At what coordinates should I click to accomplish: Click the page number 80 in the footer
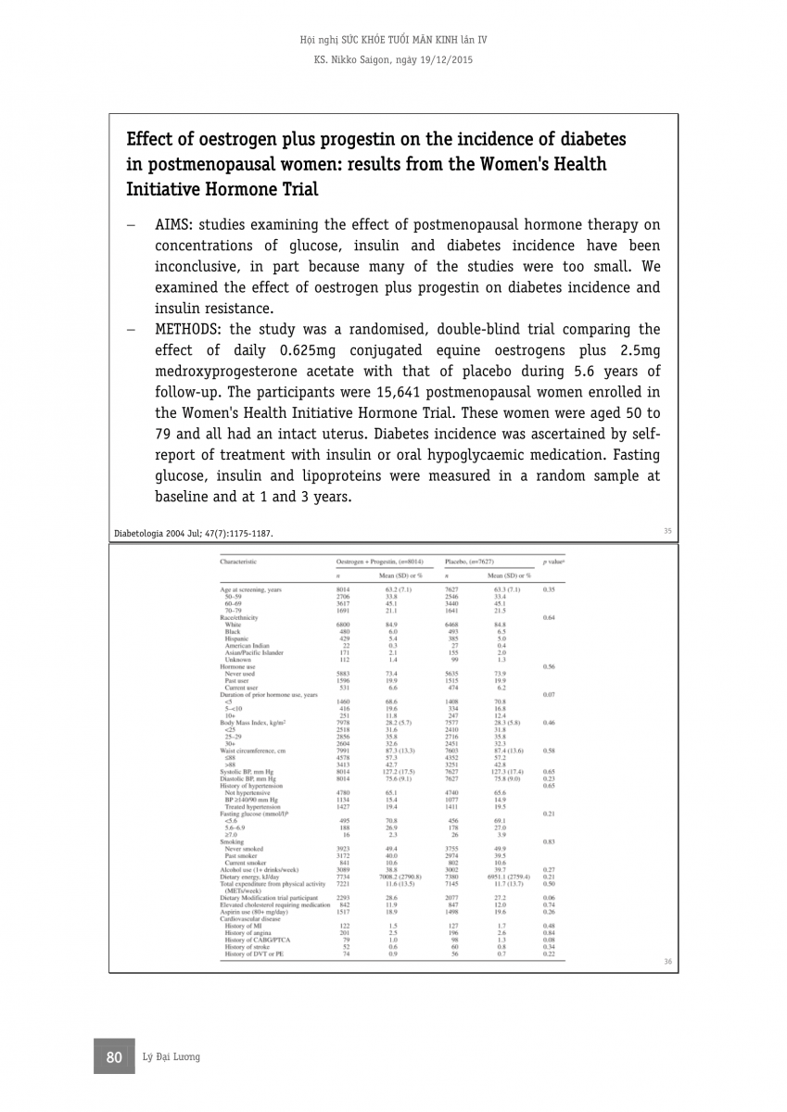click(115, 1057)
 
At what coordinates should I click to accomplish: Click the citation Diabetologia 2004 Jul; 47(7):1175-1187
click(193, 534)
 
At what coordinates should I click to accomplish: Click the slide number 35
click(667, 531)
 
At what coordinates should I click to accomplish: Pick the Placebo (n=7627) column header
click(469, 562)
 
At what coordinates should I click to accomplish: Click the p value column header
click(554, 562)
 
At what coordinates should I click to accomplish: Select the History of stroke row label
click(250, 946)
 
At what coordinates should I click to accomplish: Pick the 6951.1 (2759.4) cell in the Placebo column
click(506, 876)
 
